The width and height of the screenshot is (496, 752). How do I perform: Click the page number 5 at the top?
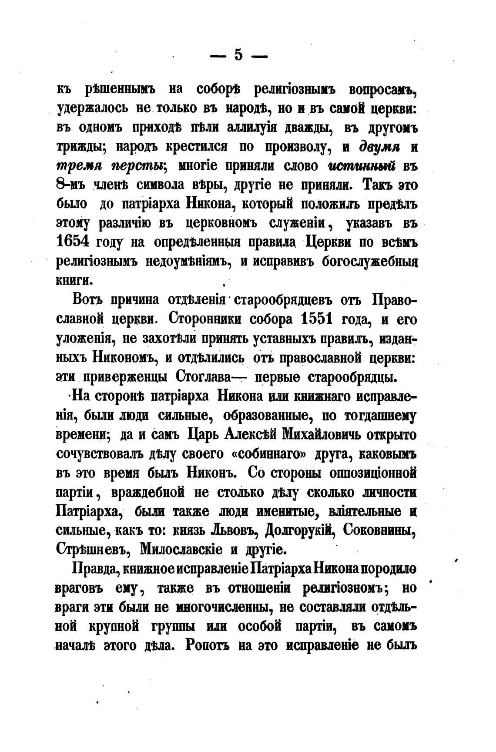(238, 55)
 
